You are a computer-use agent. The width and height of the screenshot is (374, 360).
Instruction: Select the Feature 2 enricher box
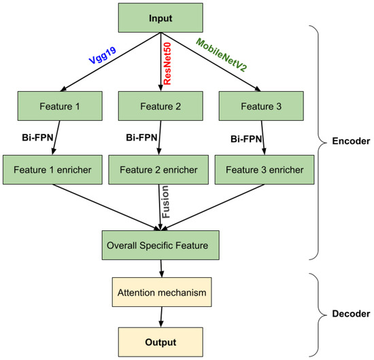click(160, 167)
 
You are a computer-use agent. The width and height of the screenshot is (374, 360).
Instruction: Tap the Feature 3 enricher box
click(259, 167)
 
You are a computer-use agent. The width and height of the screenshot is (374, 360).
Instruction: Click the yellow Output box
click(161, 341)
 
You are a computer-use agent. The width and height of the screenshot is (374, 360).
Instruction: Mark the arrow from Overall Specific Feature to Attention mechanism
click(161, 268)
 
